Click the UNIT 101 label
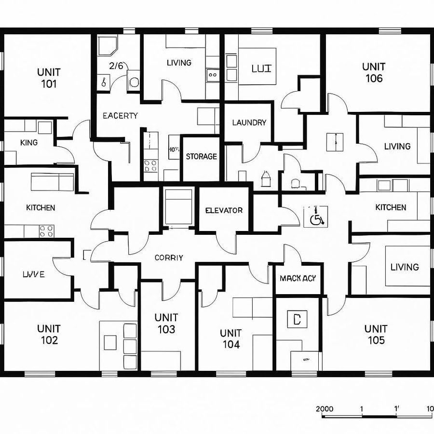tap(49, 78)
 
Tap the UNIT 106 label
tap(374, 72)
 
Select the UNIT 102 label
tap(49, 334)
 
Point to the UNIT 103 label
tap(166, 324)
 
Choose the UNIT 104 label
tap(231, 339)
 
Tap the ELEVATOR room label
tap(224, 210)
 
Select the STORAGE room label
tap(201, 157)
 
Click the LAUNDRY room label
tap(249, 122)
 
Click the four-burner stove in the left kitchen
tap(47, 231)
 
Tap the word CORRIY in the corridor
tap(169, 258)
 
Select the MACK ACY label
tap(298, 278)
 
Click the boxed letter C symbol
tap(297, 318)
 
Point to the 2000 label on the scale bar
tap(325, 408)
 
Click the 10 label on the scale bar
tap(430, 408)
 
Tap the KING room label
tap(29, 143)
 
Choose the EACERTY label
tap(120, 116)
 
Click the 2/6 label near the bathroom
tap(116, 66)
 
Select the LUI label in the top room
tap(262, 68)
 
